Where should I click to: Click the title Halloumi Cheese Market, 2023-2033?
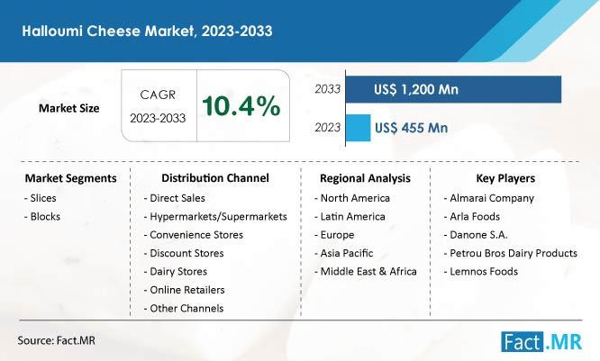coord(147,31)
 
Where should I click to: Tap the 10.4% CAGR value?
coord(241,106)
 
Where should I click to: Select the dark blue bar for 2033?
coord(453,89)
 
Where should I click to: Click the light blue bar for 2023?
coord(359,128)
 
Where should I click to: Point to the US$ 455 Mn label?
coord(412,128)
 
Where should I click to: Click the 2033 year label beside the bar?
coord(327,89)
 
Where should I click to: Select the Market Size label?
coord(68,108)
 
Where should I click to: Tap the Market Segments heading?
coord(71,178)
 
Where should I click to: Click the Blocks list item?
coord(42,216)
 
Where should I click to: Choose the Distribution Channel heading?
coord(215,178)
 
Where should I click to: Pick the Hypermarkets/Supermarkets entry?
coord(215,216)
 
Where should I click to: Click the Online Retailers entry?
coord(184,290)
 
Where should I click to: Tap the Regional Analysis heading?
coord(365,178)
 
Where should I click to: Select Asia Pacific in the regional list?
coord(343,253)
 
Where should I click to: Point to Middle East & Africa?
coord(366,272)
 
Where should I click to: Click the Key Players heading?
coord(505,178)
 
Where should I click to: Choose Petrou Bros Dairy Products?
coord(511,253)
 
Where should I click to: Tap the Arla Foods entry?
coord(472,216)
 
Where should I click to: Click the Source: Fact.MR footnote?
coord(56,340)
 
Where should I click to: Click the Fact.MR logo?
coord(541,341)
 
